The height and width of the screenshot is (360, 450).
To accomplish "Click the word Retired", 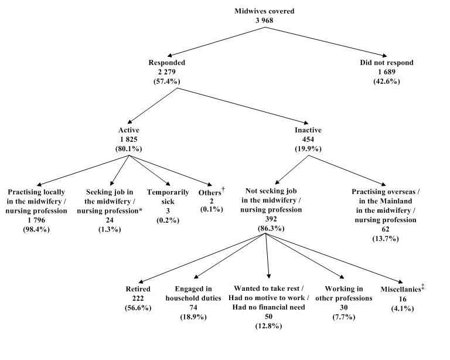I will pyautogui.click(x=139, y=289).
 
